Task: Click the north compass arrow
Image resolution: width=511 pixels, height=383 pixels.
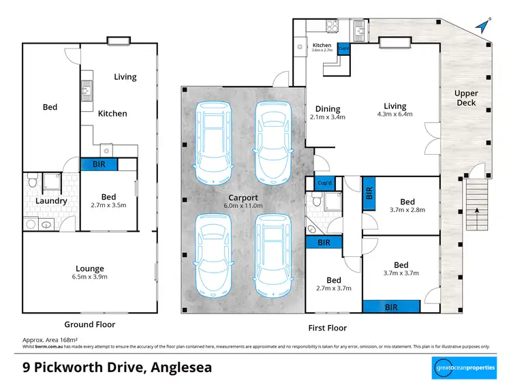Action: coord(483,25)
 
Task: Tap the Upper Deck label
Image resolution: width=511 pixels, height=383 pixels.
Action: coord(466,98)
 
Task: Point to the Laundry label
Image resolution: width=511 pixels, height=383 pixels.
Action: coord(51,201)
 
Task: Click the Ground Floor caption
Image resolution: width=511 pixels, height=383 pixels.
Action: coord(89,324)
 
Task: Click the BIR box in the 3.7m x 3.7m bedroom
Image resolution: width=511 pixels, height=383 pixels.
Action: coord(391,307)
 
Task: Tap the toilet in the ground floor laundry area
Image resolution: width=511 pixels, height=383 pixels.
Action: coord(31,181)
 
